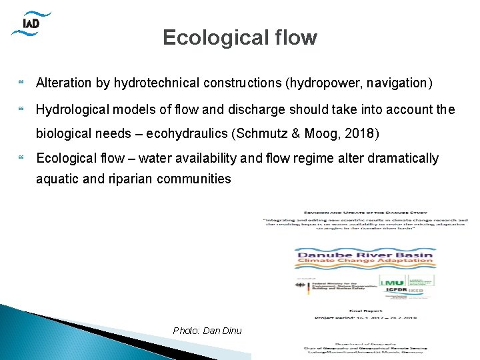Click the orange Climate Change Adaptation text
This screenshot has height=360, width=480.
(364, 265)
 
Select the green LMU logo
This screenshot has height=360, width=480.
(392, 283)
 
